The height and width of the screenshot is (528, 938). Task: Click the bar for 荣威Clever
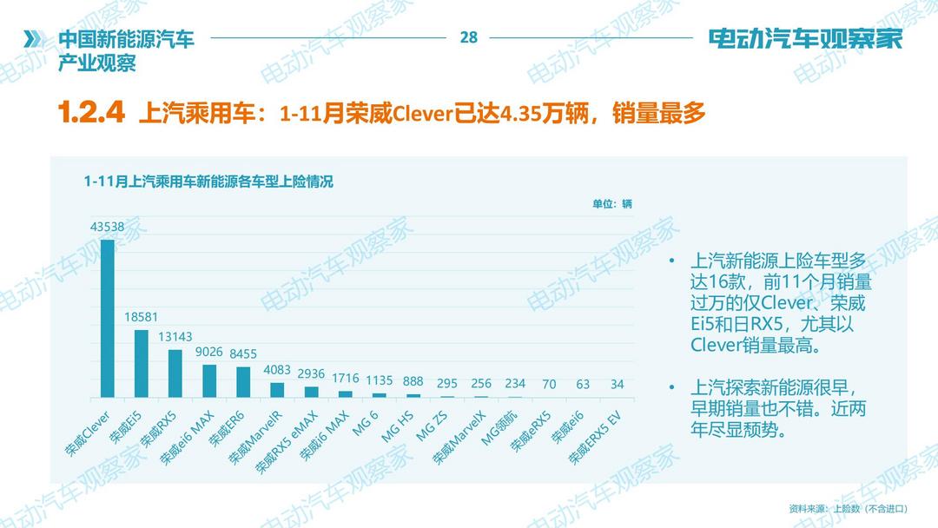click(x=107, y=318)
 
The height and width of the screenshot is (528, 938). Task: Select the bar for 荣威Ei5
click(x=141, y=363)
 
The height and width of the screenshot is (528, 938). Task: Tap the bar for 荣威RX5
click(x=175, y=373)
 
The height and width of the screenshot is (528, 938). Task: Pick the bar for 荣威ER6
click(x=243, y=381)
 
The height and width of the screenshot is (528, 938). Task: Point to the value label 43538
click(x=107, y=228)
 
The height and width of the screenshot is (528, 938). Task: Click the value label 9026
click(x=209, y=353)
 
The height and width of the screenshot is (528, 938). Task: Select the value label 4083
click(x=277, y=371)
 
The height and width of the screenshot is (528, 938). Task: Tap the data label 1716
click(x=346, y=379)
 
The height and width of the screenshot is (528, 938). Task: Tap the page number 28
click(x=469, y=37)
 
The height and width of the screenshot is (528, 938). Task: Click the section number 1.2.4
click(x=91, y=112)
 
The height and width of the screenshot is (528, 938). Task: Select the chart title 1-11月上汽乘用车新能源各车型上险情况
click(x=209, y=181)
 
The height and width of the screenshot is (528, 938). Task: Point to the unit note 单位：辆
click(x=612, y=203)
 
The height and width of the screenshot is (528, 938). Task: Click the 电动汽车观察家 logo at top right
click(x=806, y=39)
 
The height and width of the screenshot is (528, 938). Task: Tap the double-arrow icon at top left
click(x=33, y=39)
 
